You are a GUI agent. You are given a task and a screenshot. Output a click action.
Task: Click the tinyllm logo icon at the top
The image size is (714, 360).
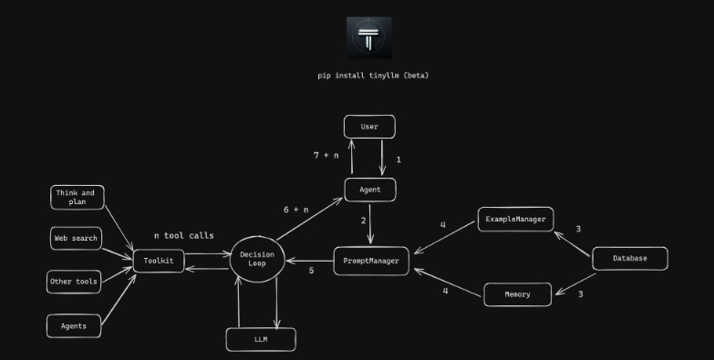pos(368,37)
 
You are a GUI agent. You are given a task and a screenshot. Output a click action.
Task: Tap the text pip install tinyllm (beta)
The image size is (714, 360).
pos(373,76)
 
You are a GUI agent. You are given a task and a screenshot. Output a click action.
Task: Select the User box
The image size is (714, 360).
pos(369,127)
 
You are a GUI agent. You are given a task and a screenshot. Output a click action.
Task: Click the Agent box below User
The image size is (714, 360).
pos(369,190)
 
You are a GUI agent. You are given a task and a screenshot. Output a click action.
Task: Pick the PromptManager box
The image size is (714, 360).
pos(371,261)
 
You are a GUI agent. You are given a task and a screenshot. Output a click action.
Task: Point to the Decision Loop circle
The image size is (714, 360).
pos(257,259)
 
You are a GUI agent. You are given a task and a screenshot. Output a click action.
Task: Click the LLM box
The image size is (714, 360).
pos(261,339)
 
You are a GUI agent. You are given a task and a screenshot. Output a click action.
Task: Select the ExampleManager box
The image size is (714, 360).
pos(515,220)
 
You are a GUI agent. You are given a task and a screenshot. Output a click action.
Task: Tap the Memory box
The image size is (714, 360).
pos(517,294)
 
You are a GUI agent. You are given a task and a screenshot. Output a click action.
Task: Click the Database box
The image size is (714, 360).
pos(629,258)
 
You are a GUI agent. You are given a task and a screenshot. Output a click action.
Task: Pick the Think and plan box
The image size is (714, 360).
pos(77,198)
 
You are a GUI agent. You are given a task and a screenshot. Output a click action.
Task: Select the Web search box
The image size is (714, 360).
pos(76,239)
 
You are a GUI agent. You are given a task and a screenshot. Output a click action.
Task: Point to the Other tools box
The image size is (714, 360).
pos(74,282)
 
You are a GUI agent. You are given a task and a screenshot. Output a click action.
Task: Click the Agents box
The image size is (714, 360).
pos(73,325)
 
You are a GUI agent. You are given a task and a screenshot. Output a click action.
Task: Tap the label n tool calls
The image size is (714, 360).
pos(183,236)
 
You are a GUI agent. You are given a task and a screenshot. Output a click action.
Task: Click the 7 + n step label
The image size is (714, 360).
pos(326,156)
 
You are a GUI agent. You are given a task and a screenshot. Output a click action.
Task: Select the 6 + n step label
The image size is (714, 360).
pos(295,210)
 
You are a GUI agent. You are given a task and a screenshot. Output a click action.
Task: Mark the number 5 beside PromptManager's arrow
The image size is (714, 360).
pos(311,271)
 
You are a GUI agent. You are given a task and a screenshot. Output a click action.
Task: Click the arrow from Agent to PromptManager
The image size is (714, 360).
pos(370,223)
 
